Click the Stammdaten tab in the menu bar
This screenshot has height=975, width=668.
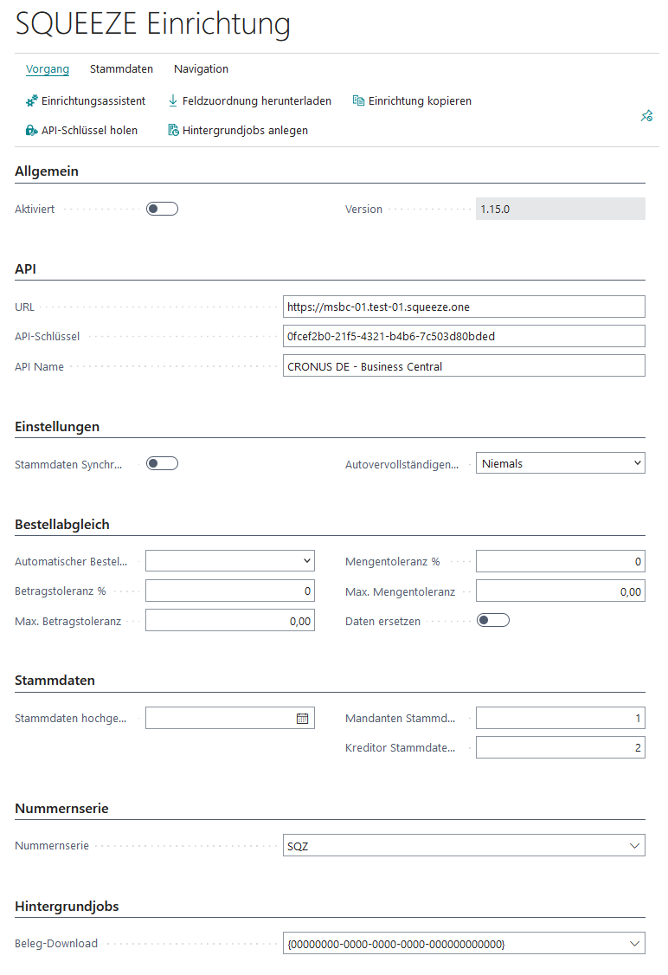point(121,69)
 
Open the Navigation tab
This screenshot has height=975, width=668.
point(201,69)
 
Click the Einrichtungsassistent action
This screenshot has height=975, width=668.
point(86,101)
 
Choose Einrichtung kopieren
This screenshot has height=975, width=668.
point(412,101)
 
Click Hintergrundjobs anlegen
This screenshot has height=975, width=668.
point(238,131)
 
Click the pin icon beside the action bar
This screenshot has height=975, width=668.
point(646,116)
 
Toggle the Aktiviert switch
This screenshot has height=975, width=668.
point(162,209)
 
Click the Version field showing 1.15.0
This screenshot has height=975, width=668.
point(560,209)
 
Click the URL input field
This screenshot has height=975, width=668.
point(464,307)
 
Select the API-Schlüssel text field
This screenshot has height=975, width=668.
point(464,336)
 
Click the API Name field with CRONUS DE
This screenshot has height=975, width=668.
point(464,366)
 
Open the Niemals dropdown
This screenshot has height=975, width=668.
point(560,463)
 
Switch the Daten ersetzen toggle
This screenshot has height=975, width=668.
point(493,620)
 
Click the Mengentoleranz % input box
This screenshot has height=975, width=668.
point(560,562)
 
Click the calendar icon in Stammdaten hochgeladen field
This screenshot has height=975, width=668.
point(303,719)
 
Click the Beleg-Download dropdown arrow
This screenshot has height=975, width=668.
point(635,943)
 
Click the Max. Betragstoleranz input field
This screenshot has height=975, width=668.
point(229,621)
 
